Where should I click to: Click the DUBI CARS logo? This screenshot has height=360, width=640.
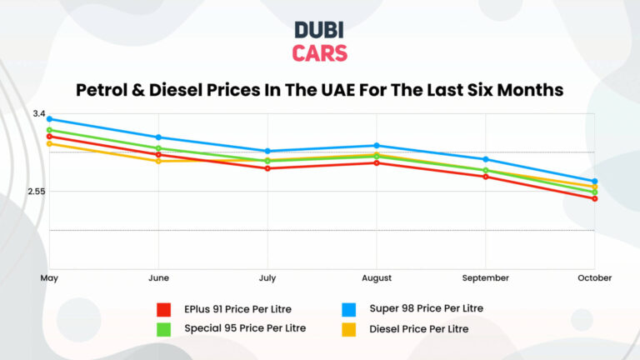click(x=320, y=42)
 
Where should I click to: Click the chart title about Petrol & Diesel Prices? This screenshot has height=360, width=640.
click(x=320, y=89)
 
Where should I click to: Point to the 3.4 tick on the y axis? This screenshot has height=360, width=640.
click(x=39, y=113)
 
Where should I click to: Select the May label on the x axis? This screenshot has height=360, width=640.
click(x=49, y=277)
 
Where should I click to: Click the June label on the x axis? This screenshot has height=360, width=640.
click(x=158, y=277)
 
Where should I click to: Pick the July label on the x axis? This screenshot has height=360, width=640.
click(x=267, y=277)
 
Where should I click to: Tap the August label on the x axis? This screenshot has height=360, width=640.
click(x=377, y=277)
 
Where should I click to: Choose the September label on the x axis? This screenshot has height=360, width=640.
click(x=485, y=277)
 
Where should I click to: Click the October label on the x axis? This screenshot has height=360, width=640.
click(x=594, y=277)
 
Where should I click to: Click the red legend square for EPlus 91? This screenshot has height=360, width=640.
click(x=164, y=309)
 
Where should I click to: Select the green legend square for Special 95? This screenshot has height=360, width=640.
click(x=164, y=328)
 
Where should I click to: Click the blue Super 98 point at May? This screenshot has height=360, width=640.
click(x=49, y=119)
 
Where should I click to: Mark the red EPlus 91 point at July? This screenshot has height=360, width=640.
click(x=267, y=168)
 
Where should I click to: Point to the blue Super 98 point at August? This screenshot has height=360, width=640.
click(x=377, y=146)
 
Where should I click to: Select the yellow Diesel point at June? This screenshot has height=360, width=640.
click(x=158, y=161)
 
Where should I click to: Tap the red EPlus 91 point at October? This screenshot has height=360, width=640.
click(x=594, y=198)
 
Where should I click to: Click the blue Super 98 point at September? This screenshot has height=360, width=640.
click(x=485, y=159)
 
